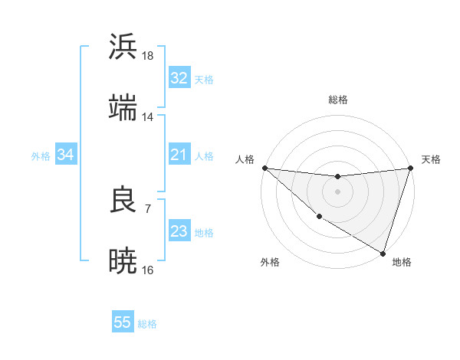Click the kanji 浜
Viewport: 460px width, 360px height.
click(123, 47)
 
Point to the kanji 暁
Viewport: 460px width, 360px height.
click(123, 260)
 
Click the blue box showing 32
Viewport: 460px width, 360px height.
click(179, 78)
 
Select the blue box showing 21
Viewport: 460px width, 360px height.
click(179, 155)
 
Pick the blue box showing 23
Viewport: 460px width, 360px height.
click(179, 231)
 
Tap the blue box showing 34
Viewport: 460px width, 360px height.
click(65, 155)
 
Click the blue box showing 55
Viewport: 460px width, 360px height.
click(122, 322)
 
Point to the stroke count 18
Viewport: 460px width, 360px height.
click(148, 55)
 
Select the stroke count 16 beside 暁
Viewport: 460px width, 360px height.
click(148, 270)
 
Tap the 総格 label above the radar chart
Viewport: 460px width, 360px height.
click(338, 100)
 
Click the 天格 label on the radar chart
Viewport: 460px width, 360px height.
click(431, 159)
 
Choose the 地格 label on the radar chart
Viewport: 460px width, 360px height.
click(402, 262)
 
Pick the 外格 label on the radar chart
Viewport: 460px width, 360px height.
click(270, 262)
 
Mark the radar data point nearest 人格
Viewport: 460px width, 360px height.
click(264, 168)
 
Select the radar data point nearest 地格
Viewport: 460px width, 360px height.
click(383, 253)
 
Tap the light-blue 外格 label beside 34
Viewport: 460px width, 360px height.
click(41, 155)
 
